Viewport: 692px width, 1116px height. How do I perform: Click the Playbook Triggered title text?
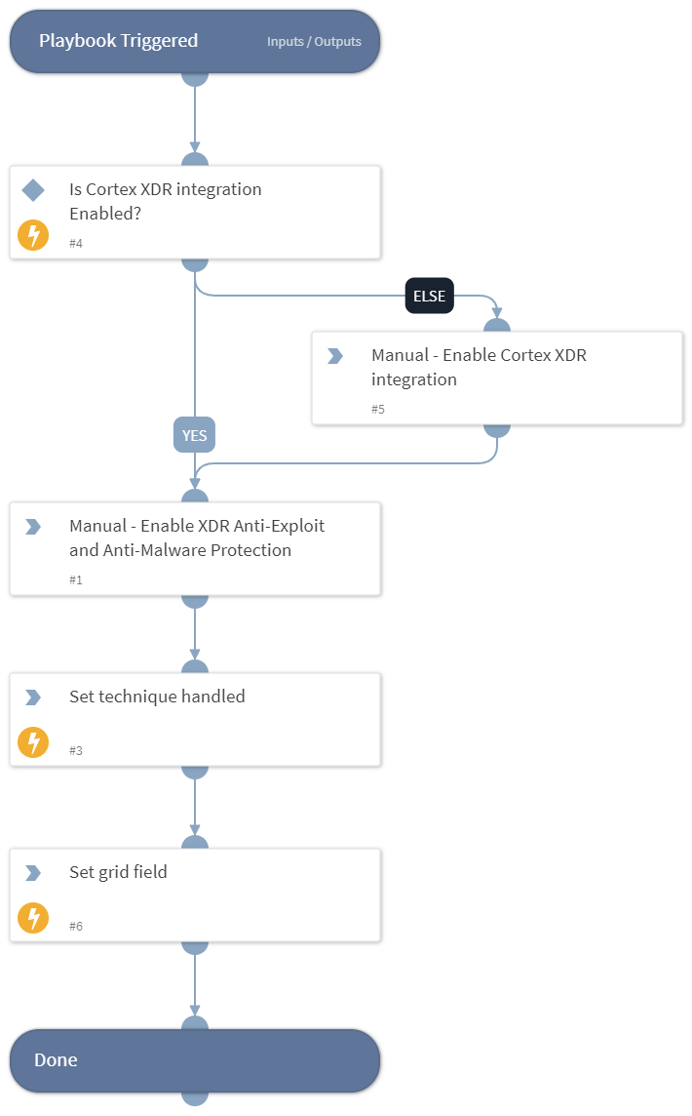click(x=118, y=41)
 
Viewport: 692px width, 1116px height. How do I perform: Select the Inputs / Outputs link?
click(x=314, y=42)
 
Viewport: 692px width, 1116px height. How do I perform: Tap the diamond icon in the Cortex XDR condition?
click(x=33, y=189)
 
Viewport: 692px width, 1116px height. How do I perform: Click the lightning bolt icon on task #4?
click(x=33, y=235)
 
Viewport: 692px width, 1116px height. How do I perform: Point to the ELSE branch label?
click(x=430, y=297)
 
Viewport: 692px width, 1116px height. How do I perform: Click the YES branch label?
click(x=194, y=435)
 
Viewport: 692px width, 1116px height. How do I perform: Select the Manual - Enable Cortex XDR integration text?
click(x=479, y=368)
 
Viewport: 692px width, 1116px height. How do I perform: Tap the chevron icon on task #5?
click(x=335, y=356)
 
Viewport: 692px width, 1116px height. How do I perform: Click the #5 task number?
click(x=377, y=409)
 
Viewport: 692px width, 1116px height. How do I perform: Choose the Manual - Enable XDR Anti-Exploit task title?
click(x=197, y=538)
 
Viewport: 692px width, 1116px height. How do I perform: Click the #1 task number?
click(x=75, y=579)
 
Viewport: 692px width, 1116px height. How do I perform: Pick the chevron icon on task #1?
click(x=33, y=527)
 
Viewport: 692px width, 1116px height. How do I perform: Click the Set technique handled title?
click(x=157, y=697)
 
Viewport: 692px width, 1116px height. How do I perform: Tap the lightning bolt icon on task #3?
click(x=33, y=742)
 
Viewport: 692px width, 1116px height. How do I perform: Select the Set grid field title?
click(x=118, y=872)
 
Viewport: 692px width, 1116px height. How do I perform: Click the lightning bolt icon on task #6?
click(x=33, y=918)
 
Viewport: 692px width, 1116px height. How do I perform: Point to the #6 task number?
click(x=75, y=926)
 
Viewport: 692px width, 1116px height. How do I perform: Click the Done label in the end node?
click(x=56, y=1060)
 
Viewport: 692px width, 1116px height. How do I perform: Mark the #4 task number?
click(x=75, y=243)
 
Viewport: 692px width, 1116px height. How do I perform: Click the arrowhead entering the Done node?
click(x=195, y=1012)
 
